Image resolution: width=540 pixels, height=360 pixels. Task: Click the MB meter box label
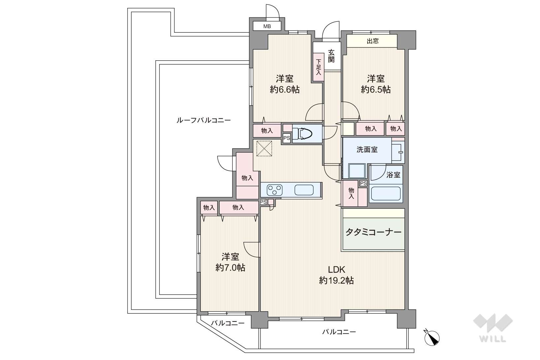(x=267, y=26)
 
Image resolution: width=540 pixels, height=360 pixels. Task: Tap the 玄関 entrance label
(x=331, y=56)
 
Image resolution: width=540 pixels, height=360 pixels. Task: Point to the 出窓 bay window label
(x=373, y=41)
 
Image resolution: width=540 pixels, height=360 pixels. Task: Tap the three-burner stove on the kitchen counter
(x=275, y=190)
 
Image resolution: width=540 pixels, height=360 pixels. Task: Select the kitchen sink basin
(x=304, y=190)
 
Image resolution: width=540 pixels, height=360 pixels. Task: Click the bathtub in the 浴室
(x=386, y=194)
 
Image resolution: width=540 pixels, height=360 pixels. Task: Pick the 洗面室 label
(x=367, y=150)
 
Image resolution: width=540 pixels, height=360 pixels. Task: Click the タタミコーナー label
(x=374, y=232)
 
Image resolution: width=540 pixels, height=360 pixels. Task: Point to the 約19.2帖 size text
(x=337, y=281)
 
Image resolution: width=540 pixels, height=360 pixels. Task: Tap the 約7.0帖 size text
(x=230, y=268)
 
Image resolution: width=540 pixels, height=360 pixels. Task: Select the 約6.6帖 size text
(x=285, y=90)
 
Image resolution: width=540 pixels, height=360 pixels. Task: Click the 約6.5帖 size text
(x=376, y=90)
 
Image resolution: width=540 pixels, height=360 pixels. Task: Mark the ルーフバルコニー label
(x=204, y=120)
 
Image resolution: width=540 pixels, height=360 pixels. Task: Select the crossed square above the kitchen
(x=264, y=149)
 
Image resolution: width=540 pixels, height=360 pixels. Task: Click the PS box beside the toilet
(x=286, y=138)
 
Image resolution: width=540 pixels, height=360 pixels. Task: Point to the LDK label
(x=336, y=269)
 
